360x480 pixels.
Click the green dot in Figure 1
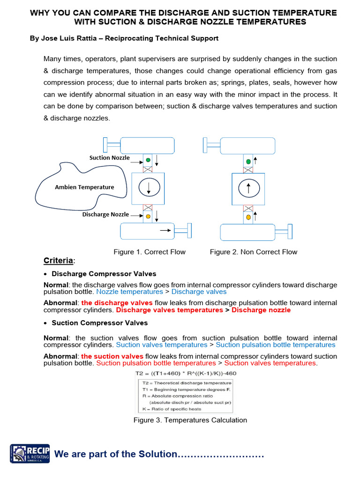tap(148, 160)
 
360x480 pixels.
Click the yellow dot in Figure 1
tap(148, 216)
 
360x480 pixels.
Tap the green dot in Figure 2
tap(248, 161)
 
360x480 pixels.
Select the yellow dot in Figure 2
tap(248, 217)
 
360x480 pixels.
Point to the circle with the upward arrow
tap(248, 188)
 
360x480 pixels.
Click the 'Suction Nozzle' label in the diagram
tap(110, 157)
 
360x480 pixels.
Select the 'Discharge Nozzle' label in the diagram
tap(105, 214)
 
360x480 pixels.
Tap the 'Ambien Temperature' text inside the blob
tap(84, 187)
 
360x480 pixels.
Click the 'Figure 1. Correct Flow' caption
tap(150, 252)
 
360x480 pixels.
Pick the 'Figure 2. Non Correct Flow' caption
tap(253, 252)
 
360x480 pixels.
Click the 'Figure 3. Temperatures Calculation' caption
tap(190, 420)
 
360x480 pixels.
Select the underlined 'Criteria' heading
tap(59, 261)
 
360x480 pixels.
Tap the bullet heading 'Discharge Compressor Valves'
tap(104, 274)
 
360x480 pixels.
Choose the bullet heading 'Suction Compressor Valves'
tap(99, 323)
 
